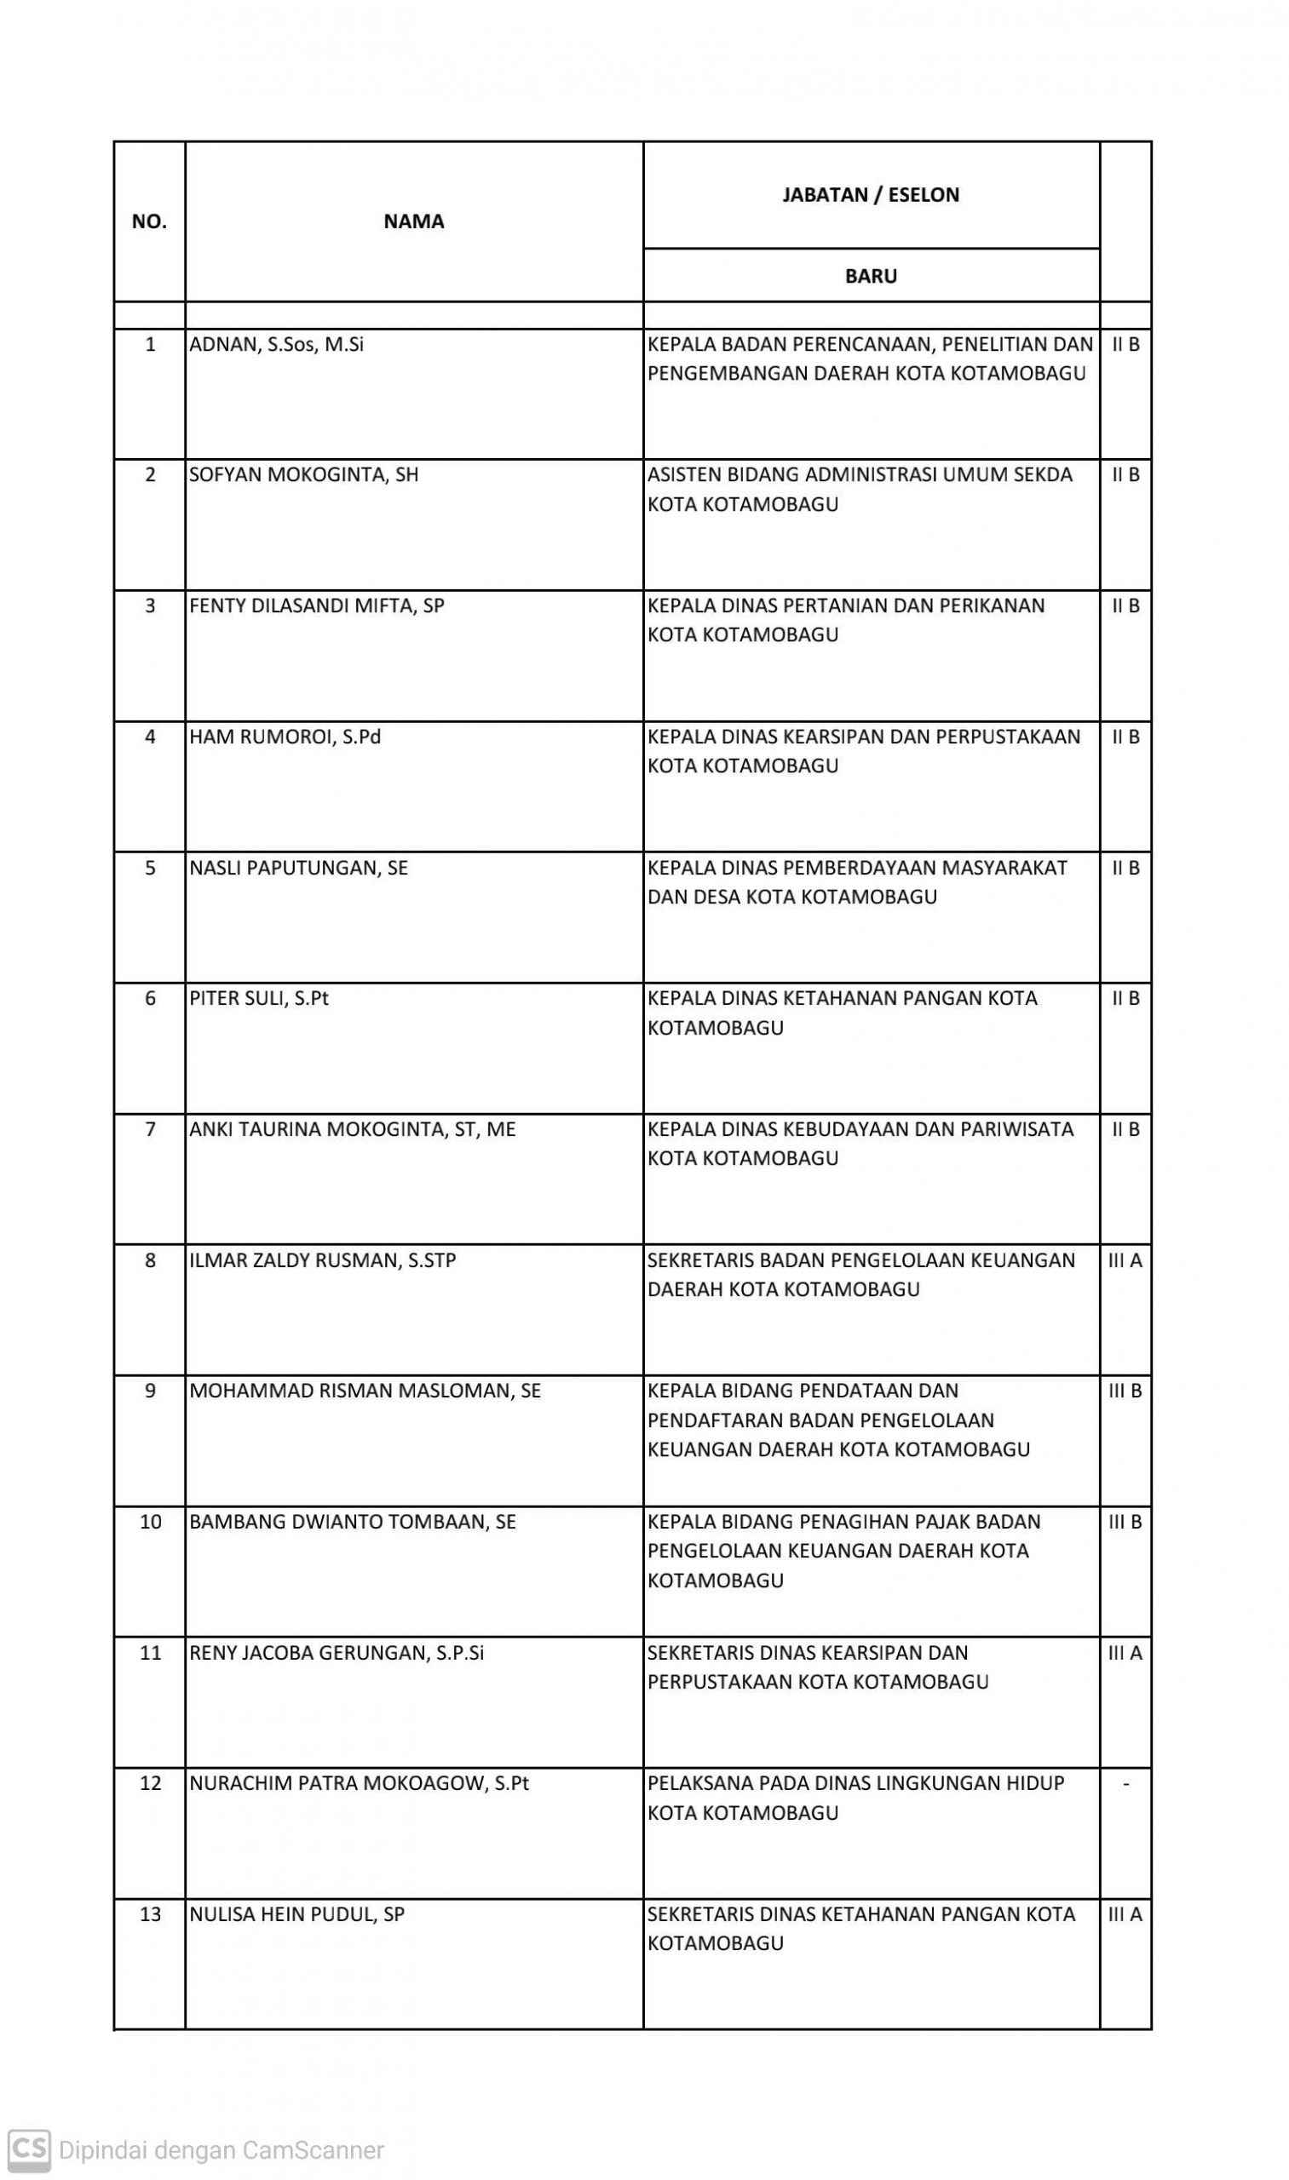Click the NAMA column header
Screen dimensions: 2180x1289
(413, 221)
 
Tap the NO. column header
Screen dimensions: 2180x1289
(148, 221)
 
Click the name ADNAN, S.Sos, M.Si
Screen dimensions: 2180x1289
(276, 345)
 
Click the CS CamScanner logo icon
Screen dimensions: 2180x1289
(30, 2149)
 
